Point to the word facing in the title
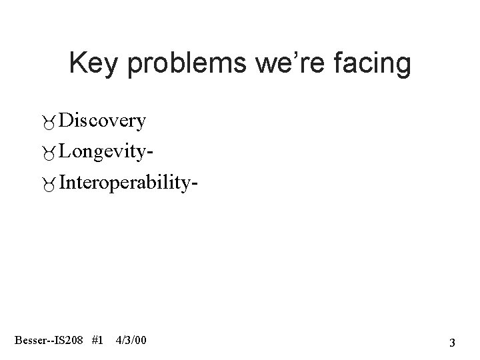(373, 64)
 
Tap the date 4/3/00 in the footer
(132, 341)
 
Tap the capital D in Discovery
(65, 121)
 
